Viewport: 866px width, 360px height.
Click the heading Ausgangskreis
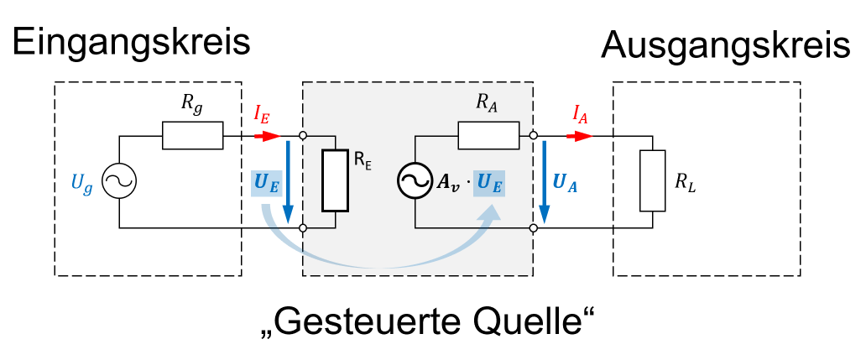pyautogui.click(x=727, y=46)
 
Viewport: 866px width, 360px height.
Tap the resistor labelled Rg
pyautogui.click(x=192, y=135)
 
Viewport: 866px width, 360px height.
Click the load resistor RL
pyautogui.click(x=652, y=181)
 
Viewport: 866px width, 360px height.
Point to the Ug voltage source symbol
pyautogui.click(x=119, y=181)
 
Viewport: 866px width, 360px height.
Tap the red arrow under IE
pyautogui.click(x=269, y=134)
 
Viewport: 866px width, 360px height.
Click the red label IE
pyautogui.click(x=262, y=115)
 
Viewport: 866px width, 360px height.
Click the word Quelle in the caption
pyautogui.click(x=533, y=321)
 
